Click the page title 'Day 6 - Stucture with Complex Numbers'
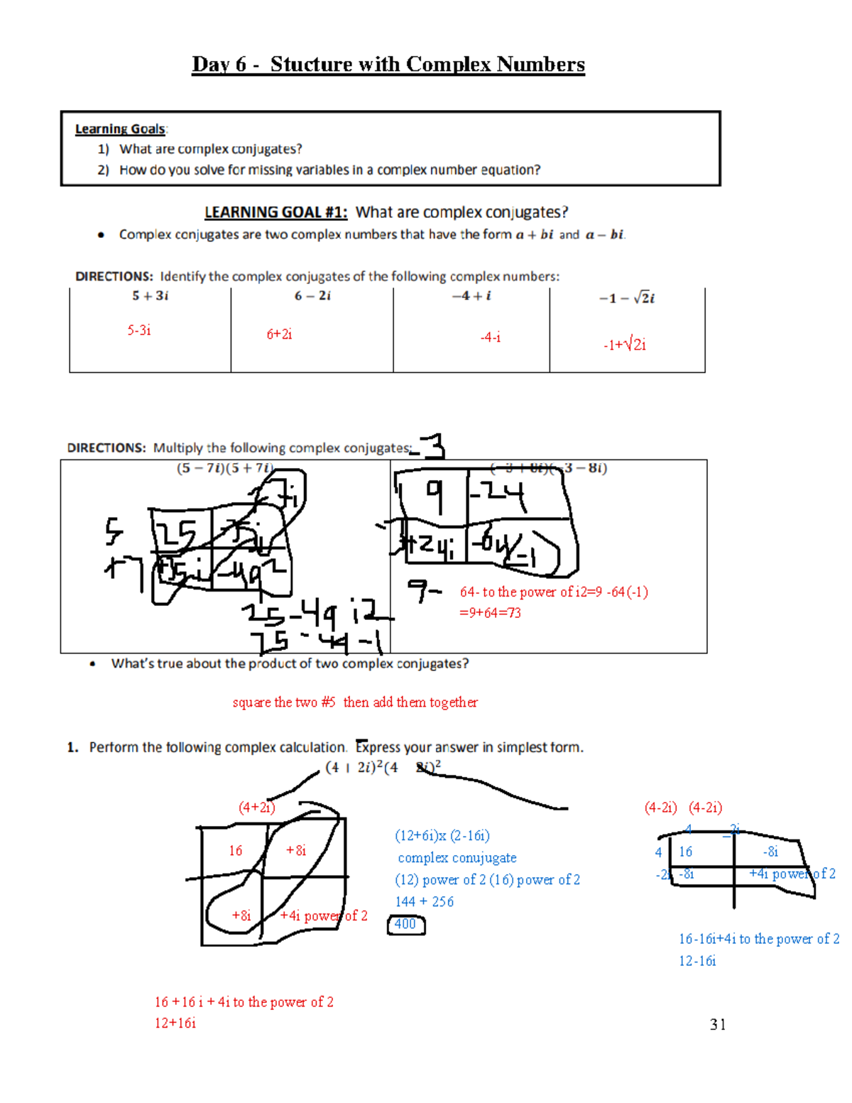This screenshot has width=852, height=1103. pos(388,65)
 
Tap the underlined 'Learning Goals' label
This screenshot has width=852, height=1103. pos(120,129)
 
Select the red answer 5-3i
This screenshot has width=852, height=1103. pos(139,330)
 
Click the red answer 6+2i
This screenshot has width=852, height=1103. pos(279,335)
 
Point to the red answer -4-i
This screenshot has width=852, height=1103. pos(490,337)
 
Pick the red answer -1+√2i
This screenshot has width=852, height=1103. pos(625,345)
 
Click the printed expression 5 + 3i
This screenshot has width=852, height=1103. pos(150,296)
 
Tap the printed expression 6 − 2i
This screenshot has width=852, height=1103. pos(312,296)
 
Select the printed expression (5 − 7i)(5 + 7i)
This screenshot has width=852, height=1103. pos(224,468)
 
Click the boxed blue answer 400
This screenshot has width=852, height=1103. pos(405,924)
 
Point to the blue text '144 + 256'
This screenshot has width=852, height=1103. pos(424,902)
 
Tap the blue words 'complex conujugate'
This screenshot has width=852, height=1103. pos(457,858)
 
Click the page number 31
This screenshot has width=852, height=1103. pos(718,1024)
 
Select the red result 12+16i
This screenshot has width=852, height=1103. pos(175,1023)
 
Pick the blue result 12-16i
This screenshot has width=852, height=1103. pos(697,961)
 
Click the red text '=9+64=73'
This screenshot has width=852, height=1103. pos(490,613)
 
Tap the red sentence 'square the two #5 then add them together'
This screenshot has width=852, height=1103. pos(355,702)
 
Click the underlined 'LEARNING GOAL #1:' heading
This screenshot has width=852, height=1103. pos(275,212)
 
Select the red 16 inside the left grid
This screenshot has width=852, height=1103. pos(236,851)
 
